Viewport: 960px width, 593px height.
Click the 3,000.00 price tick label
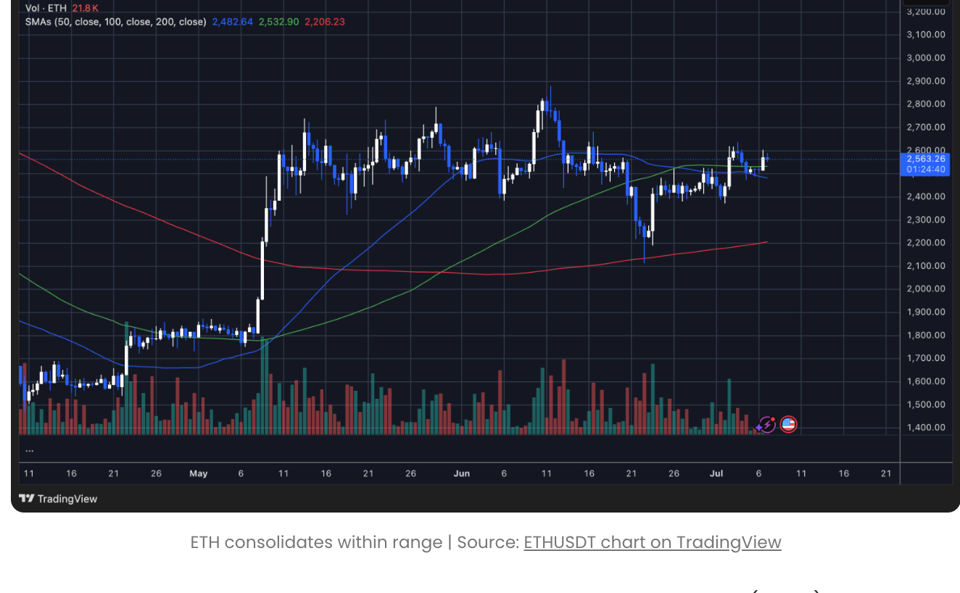pos(925,58)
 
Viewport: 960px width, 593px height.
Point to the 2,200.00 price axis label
pos(925,243)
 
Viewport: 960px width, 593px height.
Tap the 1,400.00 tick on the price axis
pos(925,428)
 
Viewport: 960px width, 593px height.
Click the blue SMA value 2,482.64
pos(232,22)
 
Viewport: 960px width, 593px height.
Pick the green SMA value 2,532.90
pos(278,22)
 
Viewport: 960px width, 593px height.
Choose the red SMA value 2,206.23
pos(325,22)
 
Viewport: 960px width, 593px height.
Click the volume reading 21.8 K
pos(86,8)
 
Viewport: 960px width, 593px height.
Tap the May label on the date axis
pos(198,473)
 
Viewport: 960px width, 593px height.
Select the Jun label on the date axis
pos(461,473)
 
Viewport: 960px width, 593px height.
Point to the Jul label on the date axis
pos(716,473)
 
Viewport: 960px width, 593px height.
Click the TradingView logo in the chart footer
pos(58,499)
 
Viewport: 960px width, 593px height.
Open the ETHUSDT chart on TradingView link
pos(652,542)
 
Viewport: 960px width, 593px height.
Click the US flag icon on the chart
pos(788,424)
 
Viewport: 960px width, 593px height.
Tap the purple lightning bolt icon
pos(766,425)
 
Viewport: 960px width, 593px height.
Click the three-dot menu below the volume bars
pos(29,449)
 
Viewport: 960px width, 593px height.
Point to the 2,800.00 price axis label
pos(925,104)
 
